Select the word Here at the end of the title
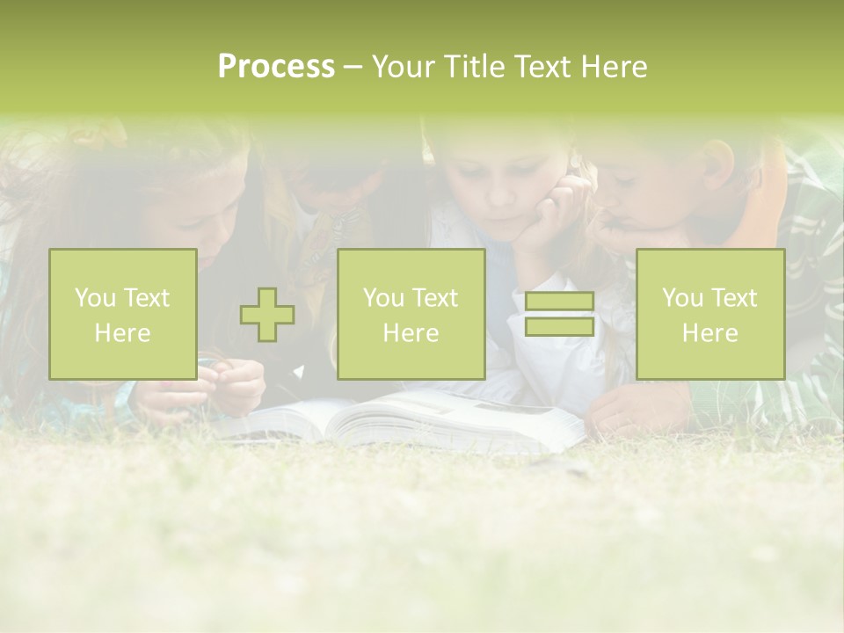[x=614, y=68]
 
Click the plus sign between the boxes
[x=267, y=315]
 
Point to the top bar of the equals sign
[x=559, y=302]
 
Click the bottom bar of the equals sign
[x=559, y=327]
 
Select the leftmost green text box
[x=123, y=314]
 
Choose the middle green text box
[x=411, y=314]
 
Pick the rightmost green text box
[x=710, y=314]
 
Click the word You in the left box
[x=94, y=298]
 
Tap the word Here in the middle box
[x=411, y=333]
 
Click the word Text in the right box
[x=734, y=298]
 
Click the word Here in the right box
[x=710, y=333]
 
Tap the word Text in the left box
[x=147, y=298]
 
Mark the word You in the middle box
[x=382, y=298]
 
